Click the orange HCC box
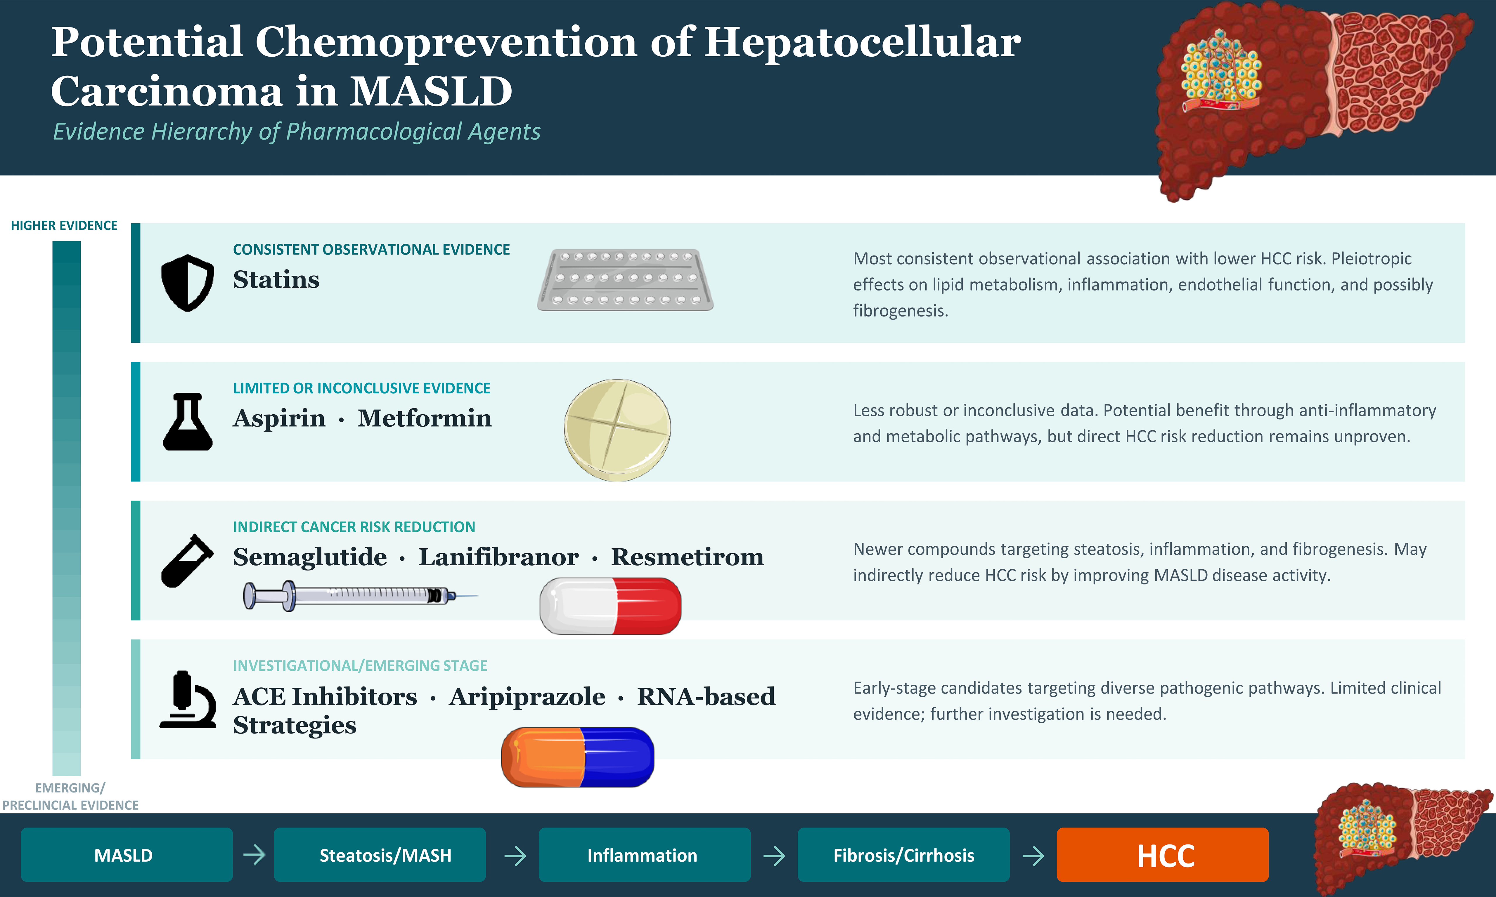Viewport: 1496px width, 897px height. [1162, 855]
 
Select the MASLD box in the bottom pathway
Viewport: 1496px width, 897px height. [127, 855]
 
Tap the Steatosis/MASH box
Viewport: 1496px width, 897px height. [380, 855]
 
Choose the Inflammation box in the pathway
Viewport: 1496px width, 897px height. [645, 855]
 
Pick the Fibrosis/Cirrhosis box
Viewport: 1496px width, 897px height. [903, 855]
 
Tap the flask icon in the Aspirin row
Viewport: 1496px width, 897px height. [188, 421]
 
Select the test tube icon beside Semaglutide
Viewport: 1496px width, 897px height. [188, 560]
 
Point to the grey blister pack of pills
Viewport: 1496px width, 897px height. [625, 280]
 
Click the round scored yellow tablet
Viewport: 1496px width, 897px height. [617, 430]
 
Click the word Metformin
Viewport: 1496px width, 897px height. [425, 418]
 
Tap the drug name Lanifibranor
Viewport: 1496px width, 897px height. [498, 557]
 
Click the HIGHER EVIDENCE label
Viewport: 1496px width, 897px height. [64, 225]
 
